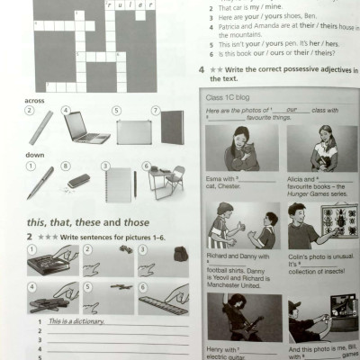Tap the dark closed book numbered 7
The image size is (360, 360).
point(171,128)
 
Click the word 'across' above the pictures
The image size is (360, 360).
point(35,101)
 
